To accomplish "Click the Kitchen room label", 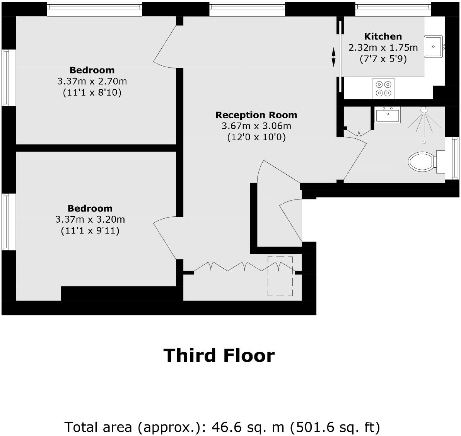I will [x=383, y=37].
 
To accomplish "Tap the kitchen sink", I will [x=434, y=46].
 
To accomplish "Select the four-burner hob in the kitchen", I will [x=383, y=88].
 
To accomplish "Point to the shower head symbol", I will [x=424, y=111].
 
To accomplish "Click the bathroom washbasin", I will [x=388, y=115].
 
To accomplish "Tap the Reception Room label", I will [x=256, y=115].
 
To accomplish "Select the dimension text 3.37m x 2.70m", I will [x=92, y=82].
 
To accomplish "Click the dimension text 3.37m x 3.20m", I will [x=90, y=220].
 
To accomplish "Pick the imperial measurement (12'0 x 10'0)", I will [x=256, y=137].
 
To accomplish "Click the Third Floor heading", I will [x=219, y=355].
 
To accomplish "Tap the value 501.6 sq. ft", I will [x=335, y=427].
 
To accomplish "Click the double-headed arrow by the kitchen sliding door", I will [x=333, y=57].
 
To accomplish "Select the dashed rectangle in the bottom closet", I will [x=280, y=276].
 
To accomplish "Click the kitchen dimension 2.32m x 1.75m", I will [x=383, y=48].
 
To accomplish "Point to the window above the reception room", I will [x=247, y=9].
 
